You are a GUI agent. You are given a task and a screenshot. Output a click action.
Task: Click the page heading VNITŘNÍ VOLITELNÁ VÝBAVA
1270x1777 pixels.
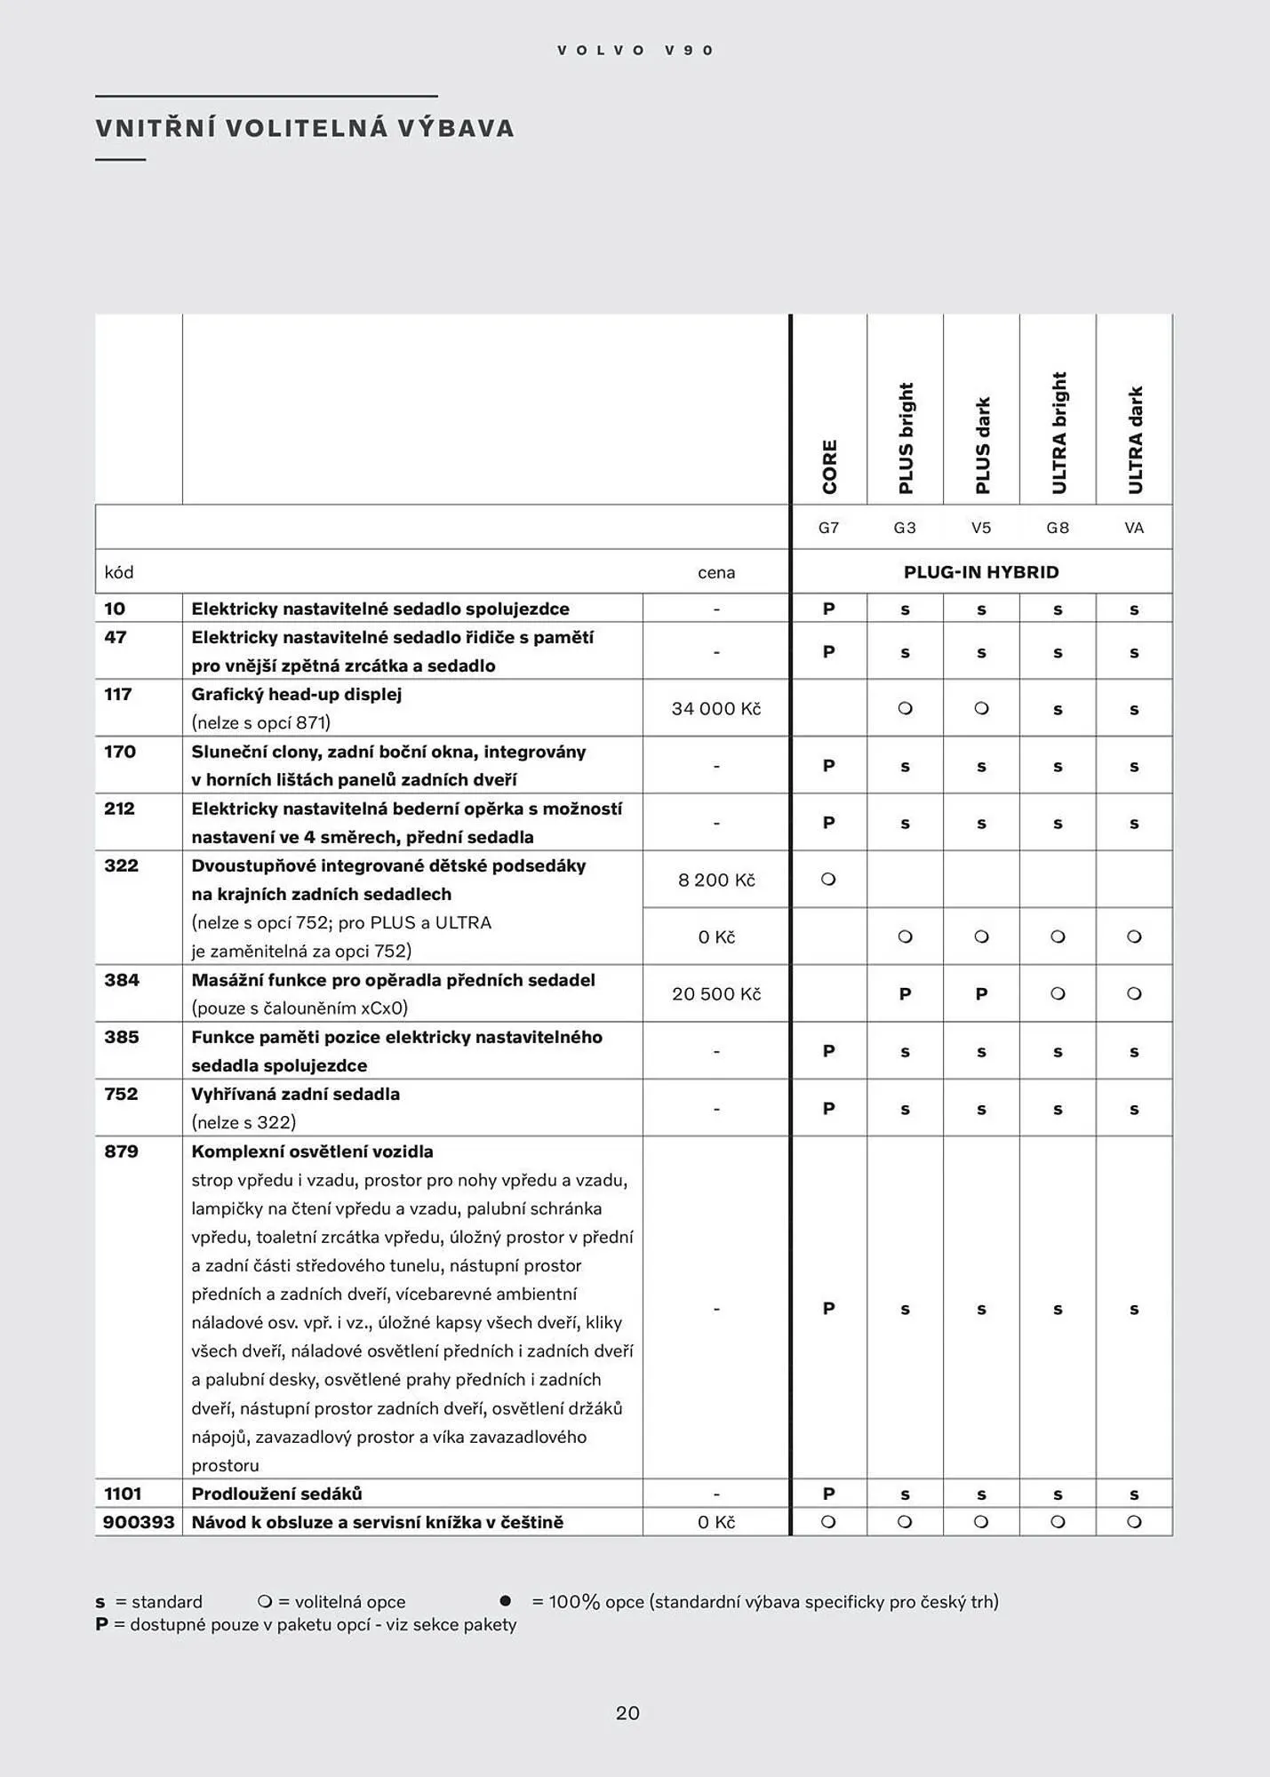tap(305, 128)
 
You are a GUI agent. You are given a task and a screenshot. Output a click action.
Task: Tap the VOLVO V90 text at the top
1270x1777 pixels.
tap(635, 51)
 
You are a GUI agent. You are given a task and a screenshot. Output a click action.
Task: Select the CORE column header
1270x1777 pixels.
tap(829, 466)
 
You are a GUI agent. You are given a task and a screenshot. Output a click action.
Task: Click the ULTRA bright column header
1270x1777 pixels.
tap(1058, 433)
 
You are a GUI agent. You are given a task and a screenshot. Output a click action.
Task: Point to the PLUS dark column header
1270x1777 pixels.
tap(982, 445)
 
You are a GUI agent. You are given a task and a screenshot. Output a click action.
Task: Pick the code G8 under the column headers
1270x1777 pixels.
tap(1058, 528)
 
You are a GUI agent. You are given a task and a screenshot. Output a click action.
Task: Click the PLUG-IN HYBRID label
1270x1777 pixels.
tap(981, 572)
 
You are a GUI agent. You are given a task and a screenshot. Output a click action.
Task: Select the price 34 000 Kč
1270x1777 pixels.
tap(716, 709)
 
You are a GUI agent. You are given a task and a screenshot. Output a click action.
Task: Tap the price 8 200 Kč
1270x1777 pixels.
tap(716, 880)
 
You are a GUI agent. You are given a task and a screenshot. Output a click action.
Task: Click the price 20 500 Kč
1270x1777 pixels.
tap(716, 994)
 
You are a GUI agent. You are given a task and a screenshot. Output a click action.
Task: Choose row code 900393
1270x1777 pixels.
tap(139, 1522)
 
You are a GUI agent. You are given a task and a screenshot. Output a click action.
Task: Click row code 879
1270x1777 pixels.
tap(122, 1151)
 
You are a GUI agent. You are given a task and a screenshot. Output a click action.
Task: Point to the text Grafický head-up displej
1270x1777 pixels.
tap(297, 695)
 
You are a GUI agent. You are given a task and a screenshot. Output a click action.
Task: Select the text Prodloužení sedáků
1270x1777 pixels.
tap(276, 1494)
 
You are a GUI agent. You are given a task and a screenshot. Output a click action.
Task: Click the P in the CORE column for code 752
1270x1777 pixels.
tap(828, 1108)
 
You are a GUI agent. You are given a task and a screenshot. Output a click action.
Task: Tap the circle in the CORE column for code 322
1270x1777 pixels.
tap(828, 880)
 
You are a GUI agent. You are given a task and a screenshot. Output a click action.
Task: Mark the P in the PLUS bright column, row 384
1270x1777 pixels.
tap(905, 994)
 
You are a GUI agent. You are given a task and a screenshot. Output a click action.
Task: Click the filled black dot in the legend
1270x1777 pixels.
tap(506, 1601)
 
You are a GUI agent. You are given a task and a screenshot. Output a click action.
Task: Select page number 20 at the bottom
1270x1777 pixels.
tap(627, 1713)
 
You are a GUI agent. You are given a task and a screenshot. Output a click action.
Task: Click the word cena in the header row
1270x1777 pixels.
tap(716, 572)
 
